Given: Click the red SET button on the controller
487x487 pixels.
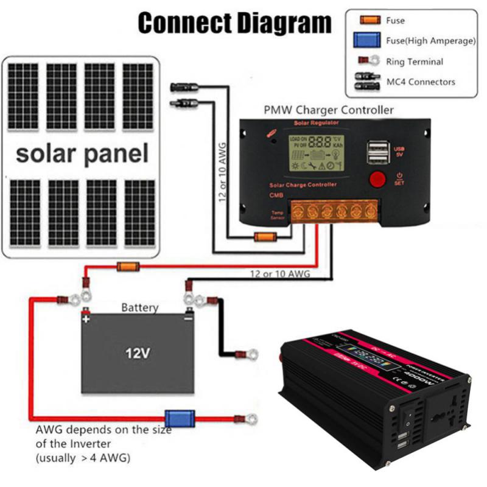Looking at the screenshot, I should coord(378,180).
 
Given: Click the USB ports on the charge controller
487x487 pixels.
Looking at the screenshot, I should coord(377,153).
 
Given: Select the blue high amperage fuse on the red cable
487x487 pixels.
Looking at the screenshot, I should coord(181,418).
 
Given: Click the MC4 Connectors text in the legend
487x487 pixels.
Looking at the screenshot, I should coord(421,81).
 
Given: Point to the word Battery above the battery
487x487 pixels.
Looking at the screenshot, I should coord(139,308).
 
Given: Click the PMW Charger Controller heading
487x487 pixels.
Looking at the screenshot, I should coord(328,110).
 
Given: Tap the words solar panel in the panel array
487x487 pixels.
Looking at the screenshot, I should coord(82,153).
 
